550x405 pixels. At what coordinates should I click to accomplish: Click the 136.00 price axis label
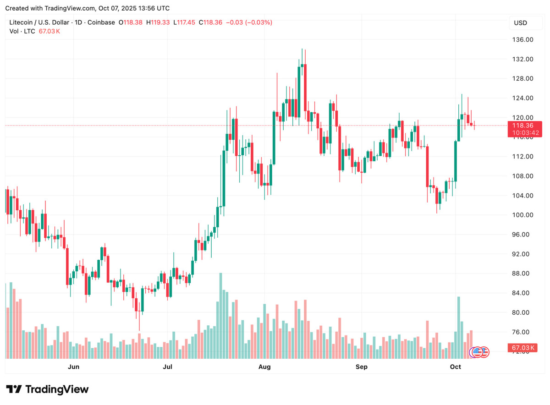tap(522, 40)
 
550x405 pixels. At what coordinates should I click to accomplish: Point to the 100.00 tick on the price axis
tap(522, 215)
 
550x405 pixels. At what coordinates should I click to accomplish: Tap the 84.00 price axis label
tap(522, 293)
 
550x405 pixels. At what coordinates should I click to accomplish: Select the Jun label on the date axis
tap(73, 367)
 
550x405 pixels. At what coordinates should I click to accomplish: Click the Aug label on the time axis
tap(264, 367)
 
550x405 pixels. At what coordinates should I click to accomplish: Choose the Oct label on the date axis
tap(455, 367)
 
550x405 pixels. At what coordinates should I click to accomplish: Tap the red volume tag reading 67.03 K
tap(523, 349)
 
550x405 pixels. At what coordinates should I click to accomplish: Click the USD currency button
tap(520, 23)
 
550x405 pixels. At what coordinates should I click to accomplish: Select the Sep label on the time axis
tap(362, 367)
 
